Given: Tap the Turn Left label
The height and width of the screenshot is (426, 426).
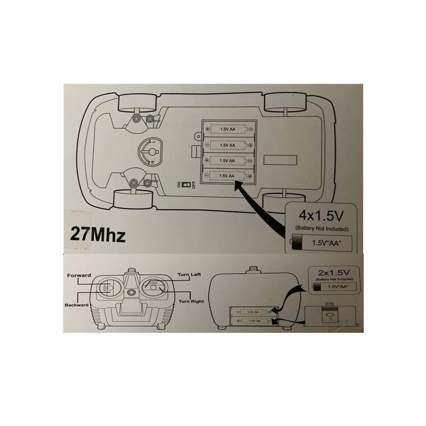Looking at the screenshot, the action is point(190,274).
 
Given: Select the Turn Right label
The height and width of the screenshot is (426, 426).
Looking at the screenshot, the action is point(191,301).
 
